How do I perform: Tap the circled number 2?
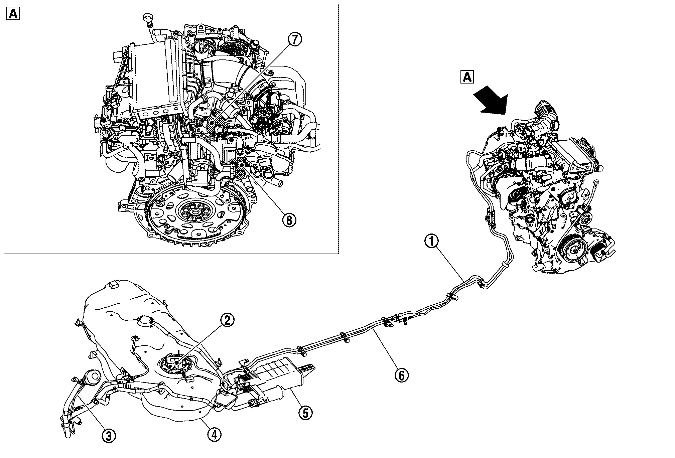[227, 321]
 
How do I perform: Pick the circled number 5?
[305, 413]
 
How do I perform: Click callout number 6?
[401, 375]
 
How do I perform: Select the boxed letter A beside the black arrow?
[467, 77]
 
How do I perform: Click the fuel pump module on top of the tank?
[176, 363]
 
